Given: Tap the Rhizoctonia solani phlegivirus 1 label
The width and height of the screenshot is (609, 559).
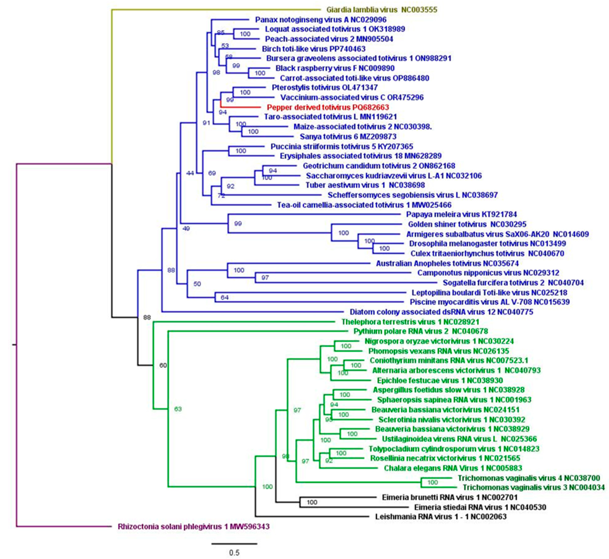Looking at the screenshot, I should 194,527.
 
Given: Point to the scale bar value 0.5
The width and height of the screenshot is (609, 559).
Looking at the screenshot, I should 234,553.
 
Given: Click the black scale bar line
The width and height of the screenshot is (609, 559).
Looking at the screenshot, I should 234,543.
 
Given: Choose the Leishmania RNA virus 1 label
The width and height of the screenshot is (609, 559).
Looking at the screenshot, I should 441,516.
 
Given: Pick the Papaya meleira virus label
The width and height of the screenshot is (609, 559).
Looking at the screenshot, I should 461,214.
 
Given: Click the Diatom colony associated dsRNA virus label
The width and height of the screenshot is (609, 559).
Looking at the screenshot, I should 441,312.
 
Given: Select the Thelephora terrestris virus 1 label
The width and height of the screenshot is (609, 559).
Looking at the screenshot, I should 410,322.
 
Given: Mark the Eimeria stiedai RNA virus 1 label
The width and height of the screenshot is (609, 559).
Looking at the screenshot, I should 480,507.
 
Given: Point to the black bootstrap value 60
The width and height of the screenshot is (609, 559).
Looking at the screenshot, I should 163,365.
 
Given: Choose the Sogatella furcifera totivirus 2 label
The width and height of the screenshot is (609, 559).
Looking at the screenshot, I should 513,283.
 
